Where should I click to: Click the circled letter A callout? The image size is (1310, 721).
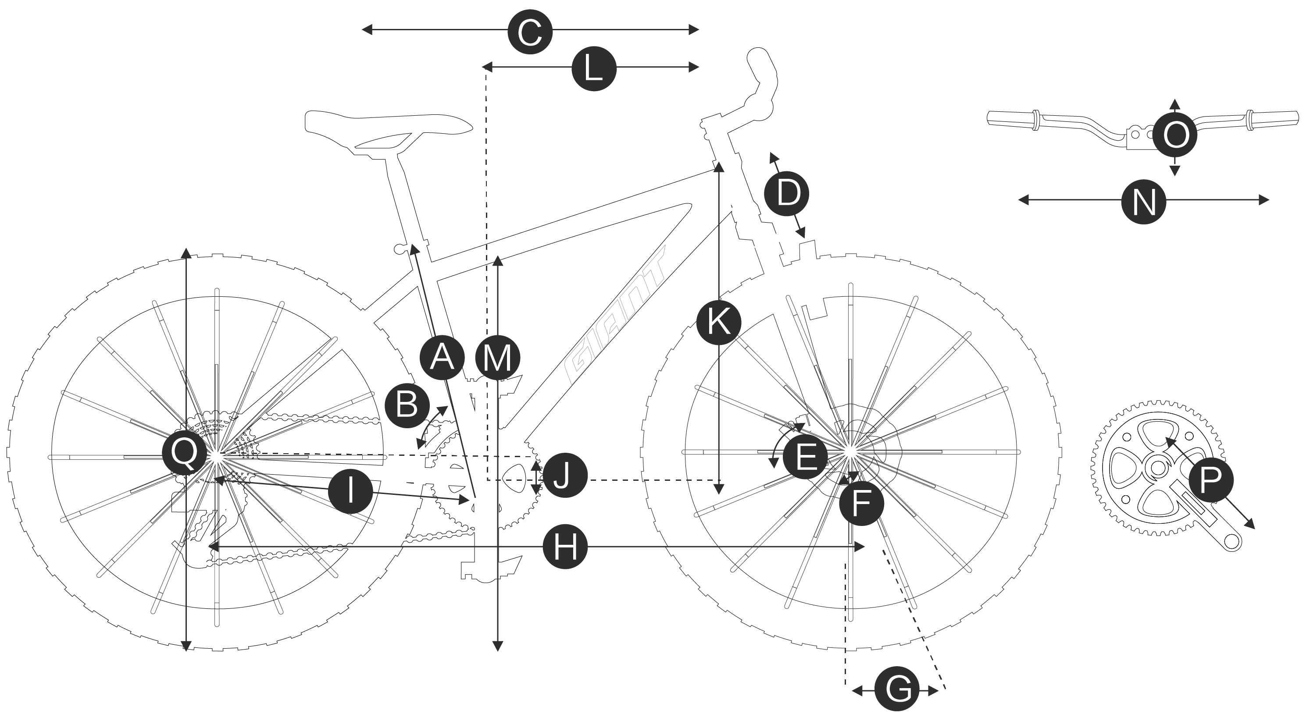click(x=442, y=357)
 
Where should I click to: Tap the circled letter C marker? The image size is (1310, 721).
click(x=530, y=32)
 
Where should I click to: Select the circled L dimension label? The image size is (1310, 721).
click(x=594, y=69)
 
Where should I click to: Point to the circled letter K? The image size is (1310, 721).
click(x=718, y=322)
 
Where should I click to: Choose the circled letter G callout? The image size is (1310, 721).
click(x=897, y=689)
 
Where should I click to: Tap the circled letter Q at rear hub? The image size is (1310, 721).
click(x=184, y=453)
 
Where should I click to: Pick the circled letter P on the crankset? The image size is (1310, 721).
click(x=1210, y=479)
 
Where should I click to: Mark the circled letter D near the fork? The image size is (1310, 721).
click(x=787, y=194)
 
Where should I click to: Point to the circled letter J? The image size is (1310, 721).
click(x=565, y=476)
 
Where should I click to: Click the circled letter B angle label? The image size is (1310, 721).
click(x=407, y=406)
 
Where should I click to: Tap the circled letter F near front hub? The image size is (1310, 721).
click(x=861, y=503)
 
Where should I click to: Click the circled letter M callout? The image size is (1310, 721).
click(x=497, y=357)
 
